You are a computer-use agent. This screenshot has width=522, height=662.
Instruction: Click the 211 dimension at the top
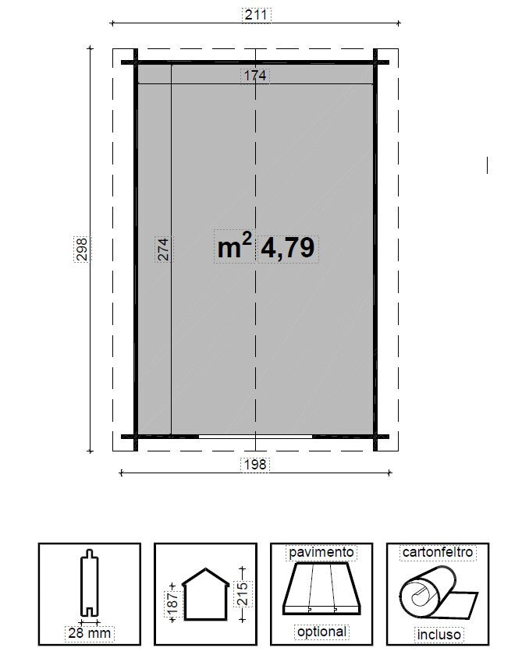(x=256, y=14)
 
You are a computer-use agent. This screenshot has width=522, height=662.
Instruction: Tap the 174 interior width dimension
(x=255, y=76)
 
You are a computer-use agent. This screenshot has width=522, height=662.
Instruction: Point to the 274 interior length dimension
(x=162, y=249)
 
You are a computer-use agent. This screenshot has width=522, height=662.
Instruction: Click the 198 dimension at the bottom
(x=256, y=464)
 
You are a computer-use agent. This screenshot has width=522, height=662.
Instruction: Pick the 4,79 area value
(x=288, y=248)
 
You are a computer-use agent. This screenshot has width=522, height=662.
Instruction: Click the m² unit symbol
(x=234, y=247)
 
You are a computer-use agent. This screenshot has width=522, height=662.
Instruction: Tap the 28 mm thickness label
(x=90, y=633)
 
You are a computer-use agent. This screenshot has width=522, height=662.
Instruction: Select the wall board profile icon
(x=90, y=585)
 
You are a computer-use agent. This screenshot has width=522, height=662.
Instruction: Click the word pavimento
(x=321, y=552)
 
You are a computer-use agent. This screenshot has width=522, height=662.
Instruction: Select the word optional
(x=321, y=632)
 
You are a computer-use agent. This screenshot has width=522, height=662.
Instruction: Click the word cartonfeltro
(x=437, y=552)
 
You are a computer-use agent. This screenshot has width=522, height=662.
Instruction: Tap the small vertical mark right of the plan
(x=488, y=165)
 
